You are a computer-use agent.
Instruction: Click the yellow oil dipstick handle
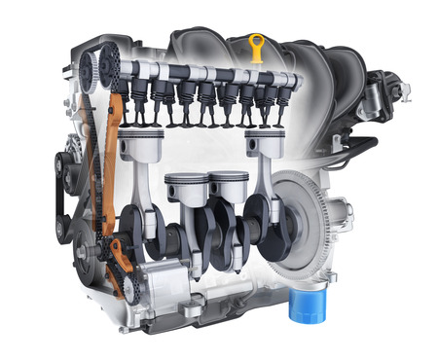click(257, 45)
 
